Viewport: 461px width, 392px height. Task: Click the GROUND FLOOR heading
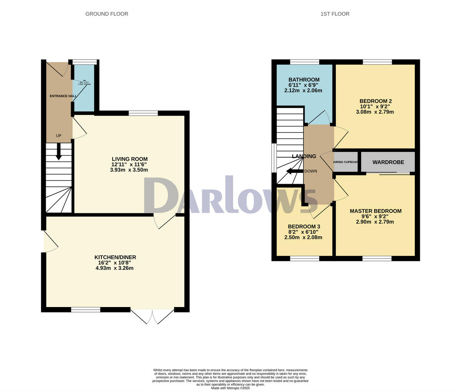pos(107,14)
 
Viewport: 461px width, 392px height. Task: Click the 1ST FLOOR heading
pos(335,14)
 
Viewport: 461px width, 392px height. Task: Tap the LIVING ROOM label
pos(129,159)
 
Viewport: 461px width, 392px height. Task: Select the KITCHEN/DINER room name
pos(115,257)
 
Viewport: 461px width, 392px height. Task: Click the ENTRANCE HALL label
pos(63,96)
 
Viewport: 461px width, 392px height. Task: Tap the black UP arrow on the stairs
pos(59,151)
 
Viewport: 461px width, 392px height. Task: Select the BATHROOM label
pos(304,80)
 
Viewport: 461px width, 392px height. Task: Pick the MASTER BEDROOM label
pos(375,211)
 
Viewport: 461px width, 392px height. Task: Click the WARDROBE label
pos(388,162)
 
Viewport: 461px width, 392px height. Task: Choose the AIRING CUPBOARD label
pos(345,162)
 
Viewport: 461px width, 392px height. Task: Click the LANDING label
pos(304,156)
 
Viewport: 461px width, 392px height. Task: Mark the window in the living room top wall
pos(143,113)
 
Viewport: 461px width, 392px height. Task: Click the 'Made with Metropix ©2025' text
pos(230,388)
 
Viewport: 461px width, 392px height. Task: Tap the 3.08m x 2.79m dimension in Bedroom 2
pos(375,112)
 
